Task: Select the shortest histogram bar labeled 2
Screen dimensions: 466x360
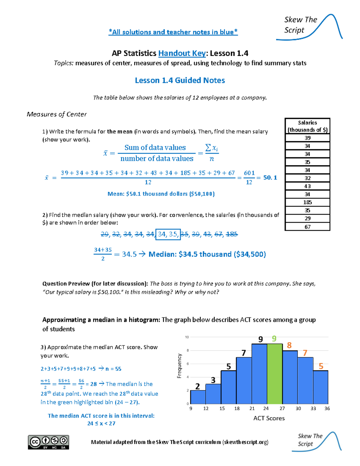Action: pos(198,397)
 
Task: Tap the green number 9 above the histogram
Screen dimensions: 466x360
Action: pos(274,339)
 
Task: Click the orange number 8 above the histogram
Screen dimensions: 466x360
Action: pos(289,345)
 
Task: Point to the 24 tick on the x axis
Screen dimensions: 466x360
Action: pos(266,408)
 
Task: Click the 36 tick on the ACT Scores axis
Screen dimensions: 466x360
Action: pos(327,408)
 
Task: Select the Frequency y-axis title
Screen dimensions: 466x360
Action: pos(179,366)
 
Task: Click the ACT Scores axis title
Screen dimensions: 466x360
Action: pos(269,418)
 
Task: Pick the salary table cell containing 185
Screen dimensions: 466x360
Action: pos(307,202)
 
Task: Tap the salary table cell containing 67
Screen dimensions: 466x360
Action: pos(307,227)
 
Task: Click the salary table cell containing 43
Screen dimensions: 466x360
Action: pos(307,186)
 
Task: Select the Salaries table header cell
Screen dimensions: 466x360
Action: pos(307,126)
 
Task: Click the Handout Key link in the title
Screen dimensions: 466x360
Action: pos(182,53)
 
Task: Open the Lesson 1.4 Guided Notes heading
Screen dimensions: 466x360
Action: pos(180,80)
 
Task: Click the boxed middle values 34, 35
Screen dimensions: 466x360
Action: pos(168,234)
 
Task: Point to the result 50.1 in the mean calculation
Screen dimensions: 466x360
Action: pos(270,178)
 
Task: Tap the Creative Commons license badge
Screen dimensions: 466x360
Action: pos(49,442)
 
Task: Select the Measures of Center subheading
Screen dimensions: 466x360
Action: pos(57,114)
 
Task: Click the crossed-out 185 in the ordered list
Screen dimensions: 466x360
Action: pos(232,234)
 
